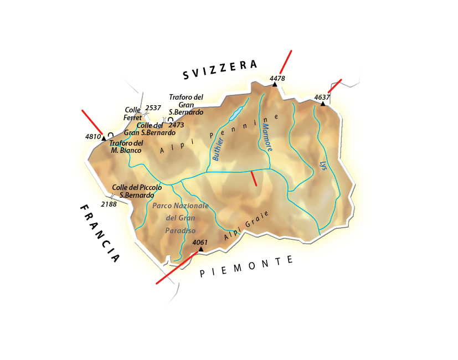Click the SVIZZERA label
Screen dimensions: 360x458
[x=220, y=69]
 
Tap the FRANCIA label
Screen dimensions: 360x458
[x=99, y=233]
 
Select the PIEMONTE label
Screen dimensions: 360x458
[x=247, y=267]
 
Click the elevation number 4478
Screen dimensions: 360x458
[x=277, y=78]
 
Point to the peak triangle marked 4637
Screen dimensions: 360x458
[x=323, y=104]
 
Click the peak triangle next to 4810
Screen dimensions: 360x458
[x=104, y=138]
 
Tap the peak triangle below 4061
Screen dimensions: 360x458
[x=200, y=249]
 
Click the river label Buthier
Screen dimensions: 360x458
[x=217, y=150]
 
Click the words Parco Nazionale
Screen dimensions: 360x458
[x=180, y=205]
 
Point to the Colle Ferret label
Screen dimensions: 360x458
[x=132, y=114]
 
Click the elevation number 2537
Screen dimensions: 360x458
[x=153, y=107]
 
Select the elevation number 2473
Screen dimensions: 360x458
[x=176, y=125]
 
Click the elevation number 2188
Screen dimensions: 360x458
[x=109, y=204]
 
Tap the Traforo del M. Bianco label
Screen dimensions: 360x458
[x=126, y=147]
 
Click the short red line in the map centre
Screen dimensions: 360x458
[x=254, y=178]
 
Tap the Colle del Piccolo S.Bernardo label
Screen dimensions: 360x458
[x=137, y=192]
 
